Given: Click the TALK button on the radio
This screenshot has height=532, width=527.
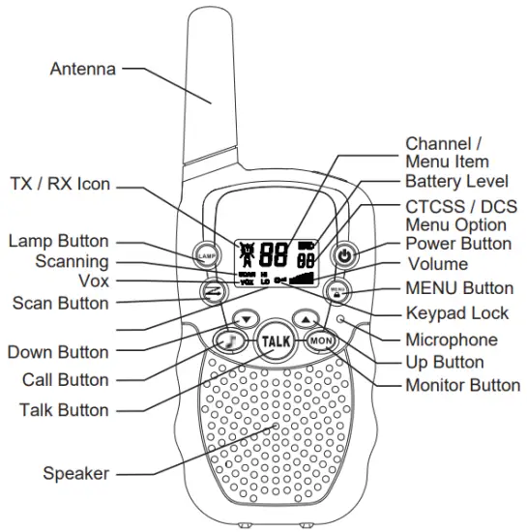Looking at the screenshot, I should (x=275, y=341).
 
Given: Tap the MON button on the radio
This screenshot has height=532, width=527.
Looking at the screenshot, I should (x=320, y=341).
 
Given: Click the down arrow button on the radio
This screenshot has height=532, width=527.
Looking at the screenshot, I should (x=247, y=318).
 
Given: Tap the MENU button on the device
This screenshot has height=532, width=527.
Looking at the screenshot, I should (x=338, y=289).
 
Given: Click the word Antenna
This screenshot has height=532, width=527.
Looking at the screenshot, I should (x=82, y=70).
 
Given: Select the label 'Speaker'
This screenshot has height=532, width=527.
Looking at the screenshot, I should (x=75, y=473).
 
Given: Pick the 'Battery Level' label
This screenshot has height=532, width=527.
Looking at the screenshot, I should (x=455, y=181).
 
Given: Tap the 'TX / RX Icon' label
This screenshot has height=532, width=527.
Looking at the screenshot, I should (x=60, y=183).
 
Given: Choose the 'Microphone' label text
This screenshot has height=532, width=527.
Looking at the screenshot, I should (x=451, y=340).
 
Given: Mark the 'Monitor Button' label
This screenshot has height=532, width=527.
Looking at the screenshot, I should (x=462, y=385).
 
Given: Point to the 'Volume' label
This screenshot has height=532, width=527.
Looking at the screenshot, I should (x=436, y=264).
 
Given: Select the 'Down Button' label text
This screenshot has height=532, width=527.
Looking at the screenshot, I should (x=58, y=351).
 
